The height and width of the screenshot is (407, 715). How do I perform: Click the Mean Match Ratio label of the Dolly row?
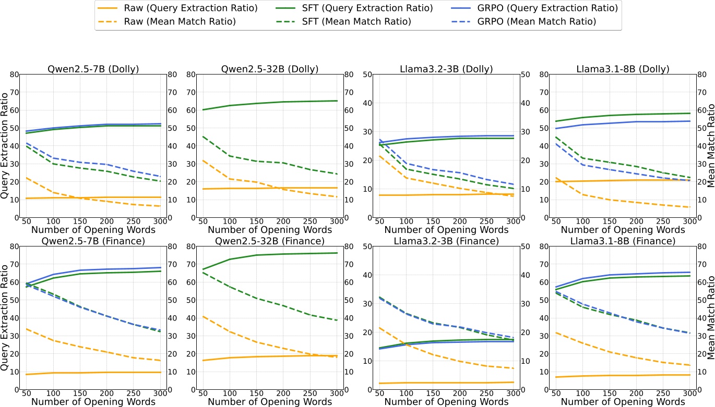pyautogui.click(x=710, y=145)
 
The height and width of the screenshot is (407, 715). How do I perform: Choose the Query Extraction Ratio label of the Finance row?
pyautogui.click(x=5, y=317)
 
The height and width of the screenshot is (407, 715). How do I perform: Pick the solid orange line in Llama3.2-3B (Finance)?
pyautogui.click(x=444, y=383)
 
